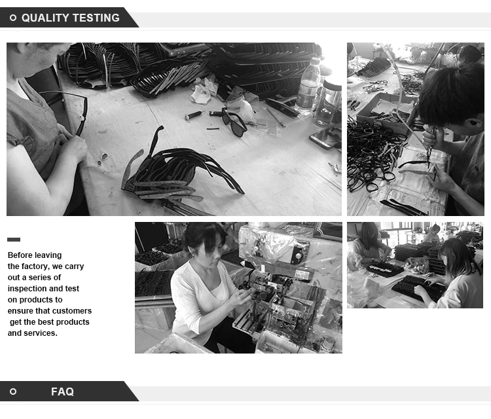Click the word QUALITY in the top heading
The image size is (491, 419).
pos(43,18)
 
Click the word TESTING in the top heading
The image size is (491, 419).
pos(94,18)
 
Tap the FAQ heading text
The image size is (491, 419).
pos(62,392)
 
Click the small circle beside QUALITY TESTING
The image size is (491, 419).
pos(13,18)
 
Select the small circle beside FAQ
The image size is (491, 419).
pos(13,392)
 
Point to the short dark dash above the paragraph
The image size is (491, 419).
pos(14,240)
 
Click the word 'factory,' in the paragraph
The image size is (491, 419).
pos(35,266)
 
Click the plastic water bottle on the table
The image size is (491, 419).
pos(308,86)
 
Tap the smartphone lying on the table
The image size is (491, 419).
pos(325,137)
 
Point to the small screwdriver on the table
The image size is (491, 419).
pos(194,115)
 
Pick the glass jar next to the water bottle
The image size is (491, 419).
pos(328,103)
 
